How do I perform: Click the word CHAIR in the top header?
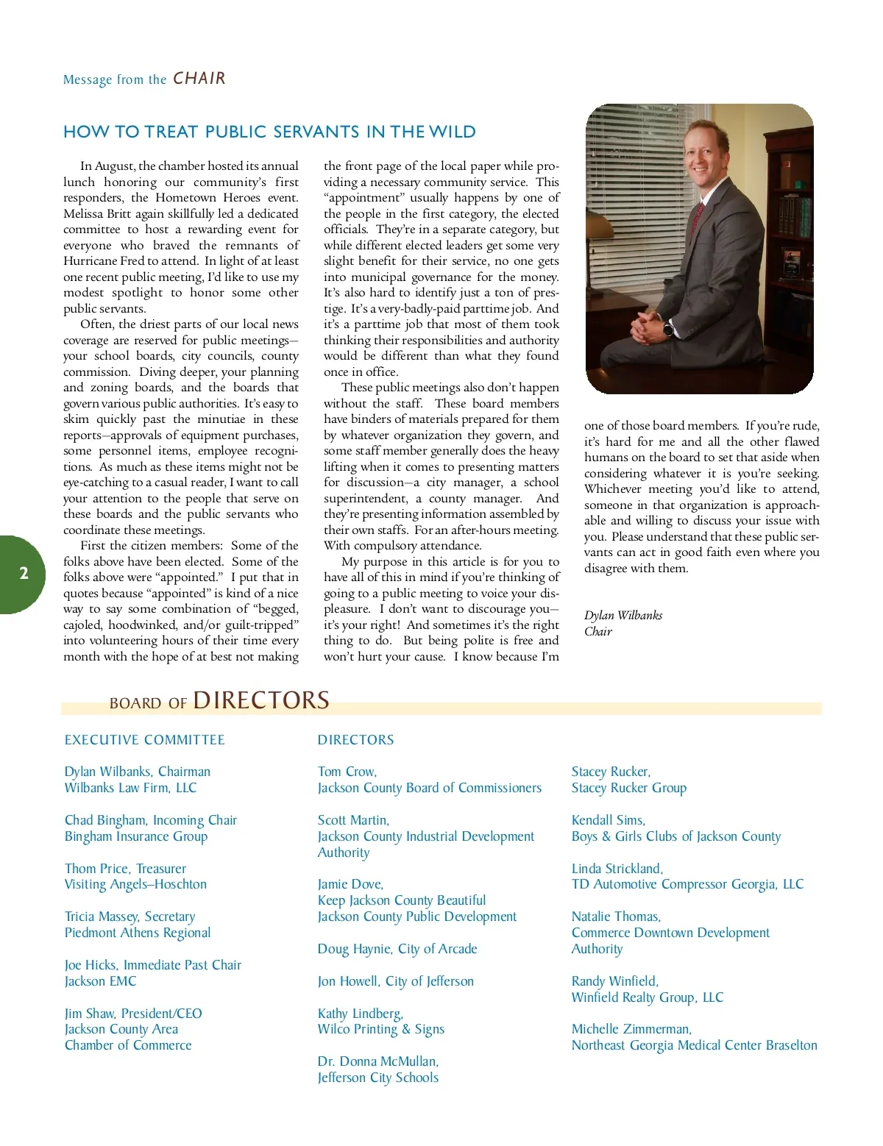coord(199,79)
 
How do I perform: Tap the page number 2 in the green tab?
coord(24,574)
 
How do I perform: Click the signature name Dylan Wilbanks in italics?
coord(623,615)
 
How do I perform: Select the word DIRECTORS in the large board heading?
coord(261,700)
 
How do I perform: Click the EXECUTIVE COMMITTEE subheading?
coord(145,740)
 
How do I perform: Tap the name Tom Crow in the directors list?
coord(347,772)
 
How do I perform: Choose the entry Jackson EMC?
coord(100,981)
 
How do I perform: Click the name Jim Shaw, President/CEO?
coord(133,1014)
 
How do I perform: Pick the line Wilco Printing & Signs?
coord(380,1029)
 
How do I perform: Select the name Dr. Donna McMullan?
coord(377,1061)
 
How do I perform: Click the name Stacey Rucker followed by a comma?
coord(611,772)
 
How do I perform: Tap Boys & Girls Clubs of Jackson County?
coord(675,836)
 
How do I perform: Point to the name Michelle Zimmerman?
coord(631,1029)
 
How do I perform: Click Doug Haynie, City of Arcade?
coord(397,949)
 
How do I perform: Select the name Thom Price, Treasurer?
coord(125,869)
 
